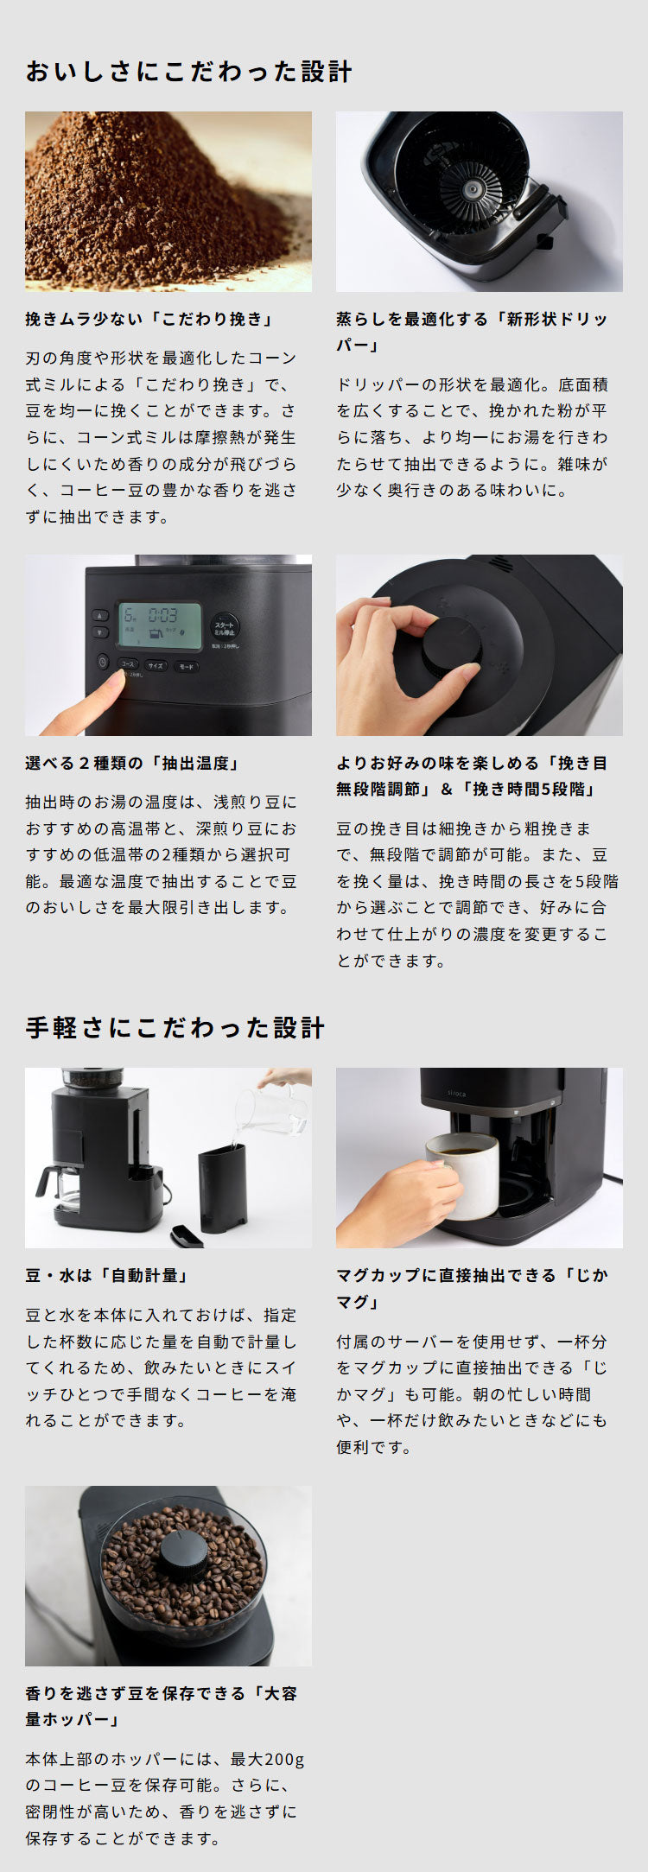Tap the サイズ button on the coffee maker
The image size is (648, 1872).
[156, 666]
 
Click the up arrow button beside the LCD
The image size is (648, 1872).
[101, 616]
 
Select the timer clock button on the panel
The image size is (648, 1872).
[103, 663]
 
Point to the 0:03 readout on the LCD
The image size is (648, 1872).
[162, 615]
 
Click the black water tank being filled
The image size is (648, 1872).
[222, 1187]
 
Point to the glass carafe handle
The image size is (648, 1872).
[41, 1180]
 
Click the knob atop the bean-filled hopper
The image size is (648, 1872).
[182, 1554]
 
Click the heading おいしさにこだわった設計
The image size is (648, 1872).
[188, 71]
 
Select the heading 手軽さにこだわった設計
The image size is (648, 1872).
[175, 1027]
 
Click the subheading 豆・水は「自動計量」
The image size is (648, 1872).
[107, 1275]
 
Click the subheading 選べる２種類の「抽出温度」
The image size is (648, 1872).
[132, 763]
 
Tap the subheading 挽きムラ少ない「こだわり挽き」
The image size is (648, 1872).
[149, 319]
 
